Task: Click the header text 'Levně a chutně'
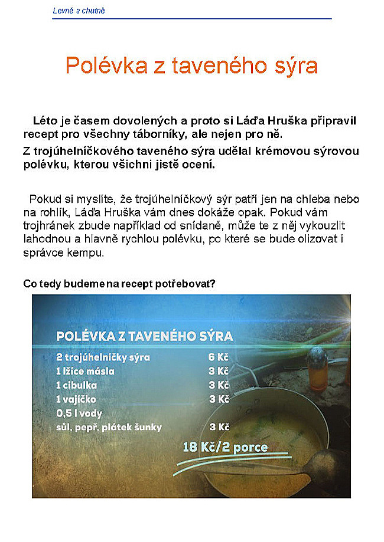[79, 11]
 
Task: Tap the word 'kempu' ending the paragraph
[89, 254]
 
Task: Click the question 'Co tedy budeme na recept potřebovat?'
[119, 284]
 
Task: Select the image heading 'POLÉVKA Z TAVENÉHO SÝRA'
[144, 336]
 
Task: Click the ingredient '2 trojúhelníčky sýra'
[103, 357]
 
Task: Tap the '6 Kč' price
[218, 357]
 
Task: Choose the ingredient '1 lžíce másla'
[85, 372]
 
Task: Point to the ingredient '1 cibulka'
[76, 385]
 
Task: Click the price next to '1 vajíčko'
[219, 399]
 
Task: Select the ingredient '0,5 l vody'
[79, 413]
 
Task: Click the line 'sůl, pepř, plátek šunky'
[109, 428]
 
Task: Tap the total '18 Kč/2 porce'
[225, 447]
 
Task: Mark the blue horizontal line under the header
[192, 19]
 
